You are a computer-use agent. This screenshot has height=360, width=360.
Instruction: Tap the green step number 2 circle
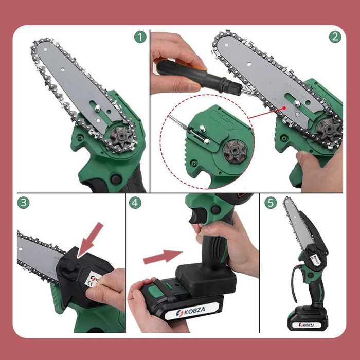(x=335, y=37)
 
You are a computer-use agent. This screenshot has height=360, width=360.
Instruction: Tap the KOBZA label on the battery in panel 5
(x=303, y=325)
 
